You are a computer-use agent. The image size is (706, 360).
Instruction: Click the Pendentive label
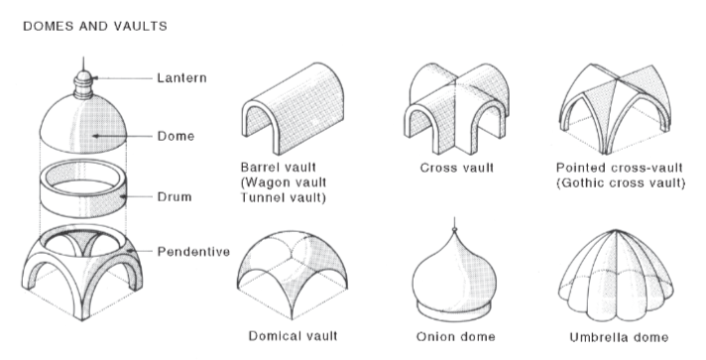(193, 252)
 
